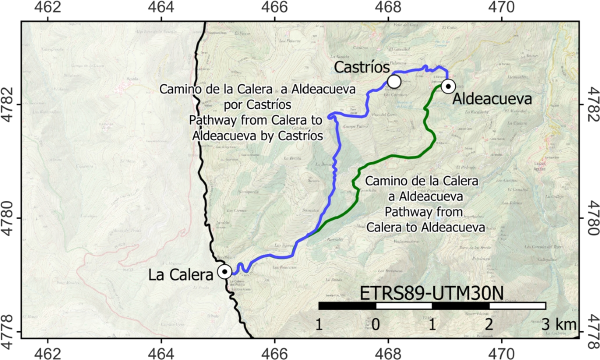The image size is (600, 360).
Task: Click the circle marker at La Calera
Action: click(x=225, y=271)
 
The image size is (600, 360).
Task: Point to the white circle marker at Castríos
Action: click(x=394, y=80)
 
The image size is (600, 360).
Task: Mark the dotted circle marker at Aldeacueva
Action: click(x=448, y=86)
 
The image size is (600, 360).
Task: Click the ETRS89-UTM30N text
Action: click(x=431, y=292)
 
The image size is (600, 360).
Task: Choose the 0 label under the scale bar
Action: click(x=375, y=324)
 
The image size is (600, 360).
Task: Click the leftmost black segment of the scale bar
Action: click(x=347, y=305)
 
